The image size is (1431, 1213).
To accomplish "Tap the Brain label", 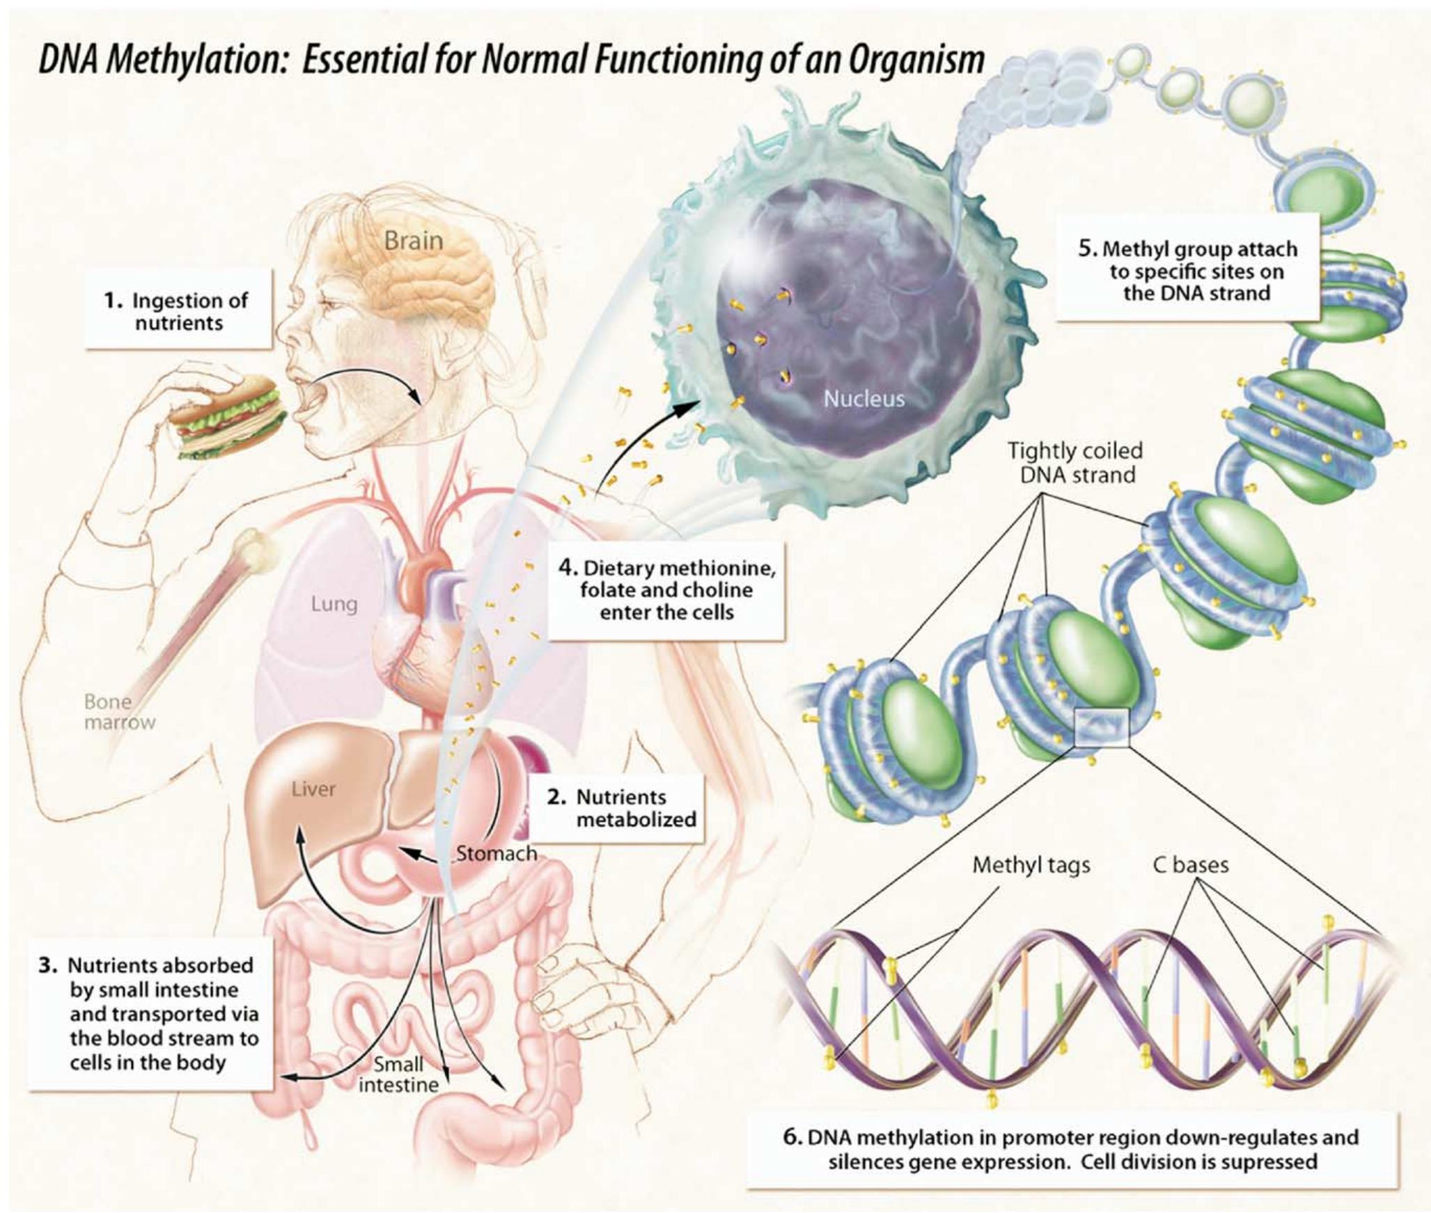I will pyautogui.click(x=414, y=241).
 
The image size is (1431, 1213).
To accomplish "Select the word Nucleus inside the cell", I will pyautogui.click(x=863, y=399).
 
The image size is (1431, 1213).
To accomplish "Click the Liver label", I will pyautogui.click(x=313, y=788).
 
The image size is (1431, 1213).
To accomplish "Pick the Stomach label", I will pyautogui.click(x=496, y=853).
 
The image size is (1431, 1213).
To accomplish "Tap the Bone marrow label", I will pyautogui.click(x=119, y=711).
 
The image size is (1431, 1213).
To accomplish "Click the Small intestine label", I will pyautogui.click(x=398, y=1074).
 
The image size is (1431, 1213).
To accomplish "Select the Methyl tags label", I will pyautogui.click(x=1031, y=865).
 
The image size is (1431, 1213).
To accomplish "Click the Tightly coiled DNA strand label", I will pyautogui.click(x=1075, y=463).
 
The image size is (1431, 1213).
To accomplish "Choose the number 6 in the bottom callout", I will pyautogui.click(x=793, y=1137).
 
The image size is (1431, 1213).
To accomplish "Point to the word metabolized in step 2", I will pyautogui.click(x=636, y=820).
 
